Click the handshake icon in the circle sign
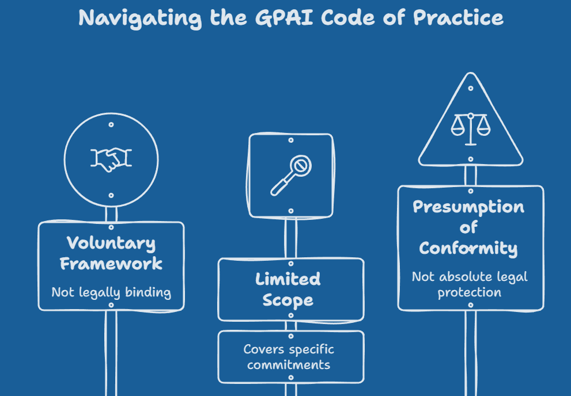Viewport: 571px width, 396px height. (111, 159)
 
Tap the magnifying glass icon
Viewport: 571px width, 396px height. (291, 176)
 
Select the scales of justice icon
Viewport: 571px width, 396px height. (471, 129)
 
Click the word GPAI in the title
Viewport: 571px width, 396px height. (284, 17)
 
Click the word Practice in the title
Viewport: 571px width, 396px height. (458, 17)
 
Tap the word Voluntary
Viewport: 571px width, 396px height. (111, 243)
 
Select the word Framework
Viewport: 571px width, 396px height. (111, 264)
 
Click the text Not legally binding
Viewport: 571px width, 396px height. (111, 292)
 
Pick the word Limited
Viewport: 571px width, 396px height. (288, 279)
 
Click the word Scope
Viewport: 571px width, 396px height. (288, 300)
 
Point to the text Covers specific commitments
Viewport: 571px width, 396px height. (289, 357)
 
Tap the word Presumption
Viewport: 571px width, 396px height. (468, 207)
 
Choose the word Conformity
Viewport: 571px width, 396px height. (468, 249)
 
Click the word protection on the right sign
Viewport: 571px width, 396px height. (469, 293)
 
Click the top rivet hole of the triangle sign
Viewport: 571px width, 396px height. (471, 89)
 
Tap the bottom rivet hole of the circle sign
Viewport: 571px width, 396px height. (111, 196)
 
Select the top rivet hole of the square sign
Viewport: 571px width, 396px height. (291, 140)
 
